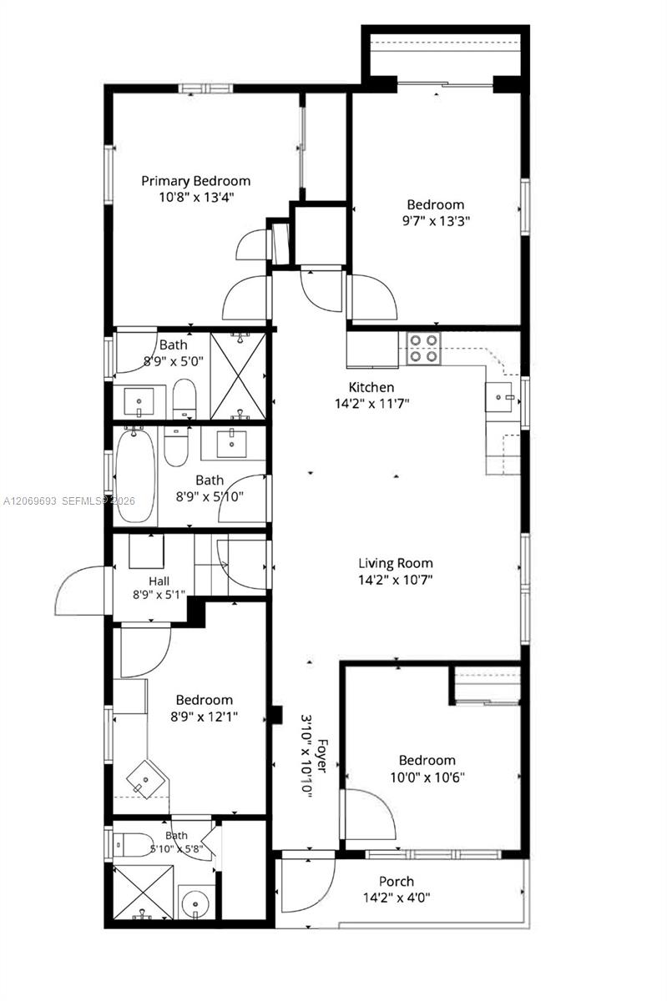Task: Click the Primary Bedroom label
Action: (196, 181)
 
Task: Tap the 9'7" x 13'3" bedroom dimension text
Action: (436, 221)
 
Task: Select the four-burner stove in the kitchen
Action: (423, 347)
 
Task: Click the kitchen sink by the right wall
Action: (503, 397)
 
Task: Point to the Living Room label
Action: (396, 563)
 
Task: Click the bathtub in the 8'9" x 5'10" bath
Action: (135, 475)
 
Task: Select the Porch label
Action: (397, 882)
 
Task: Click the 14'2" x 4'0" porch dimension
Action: (397, 898)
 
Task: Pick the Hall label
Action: (159, 581)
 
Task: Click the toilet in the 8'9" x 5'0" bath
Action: (184, 399)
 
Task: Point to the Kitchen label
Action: (371, 387)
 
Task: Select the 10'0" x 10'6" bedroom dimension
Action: (427, 777)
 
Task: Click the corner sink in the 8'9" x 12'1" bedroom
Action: (146, 779)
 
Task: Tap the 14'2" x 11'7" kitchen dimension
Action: (372, 404)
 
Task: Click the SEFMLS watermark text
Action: (85, 501)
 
